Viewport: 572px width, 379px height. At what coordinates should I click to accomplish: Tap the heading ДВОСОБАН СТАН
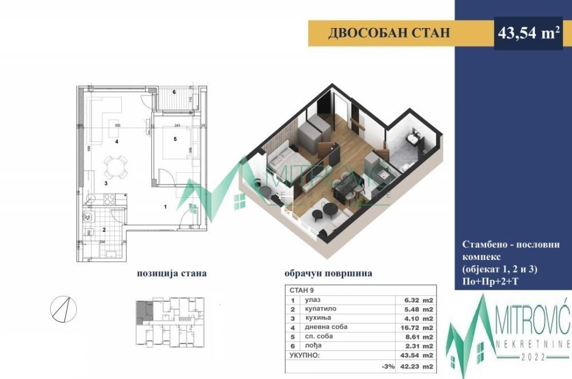389,33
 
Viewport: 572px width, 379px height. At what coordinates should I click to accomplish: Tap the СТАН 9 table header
301,289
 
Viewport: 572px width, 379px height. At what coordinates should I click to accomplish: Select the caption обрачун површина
328,273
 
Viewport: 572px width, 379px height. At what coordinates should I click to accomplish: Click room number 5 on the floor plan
176,139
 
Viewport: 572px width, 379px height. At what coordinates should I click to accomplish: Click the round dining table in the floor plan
112,167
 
